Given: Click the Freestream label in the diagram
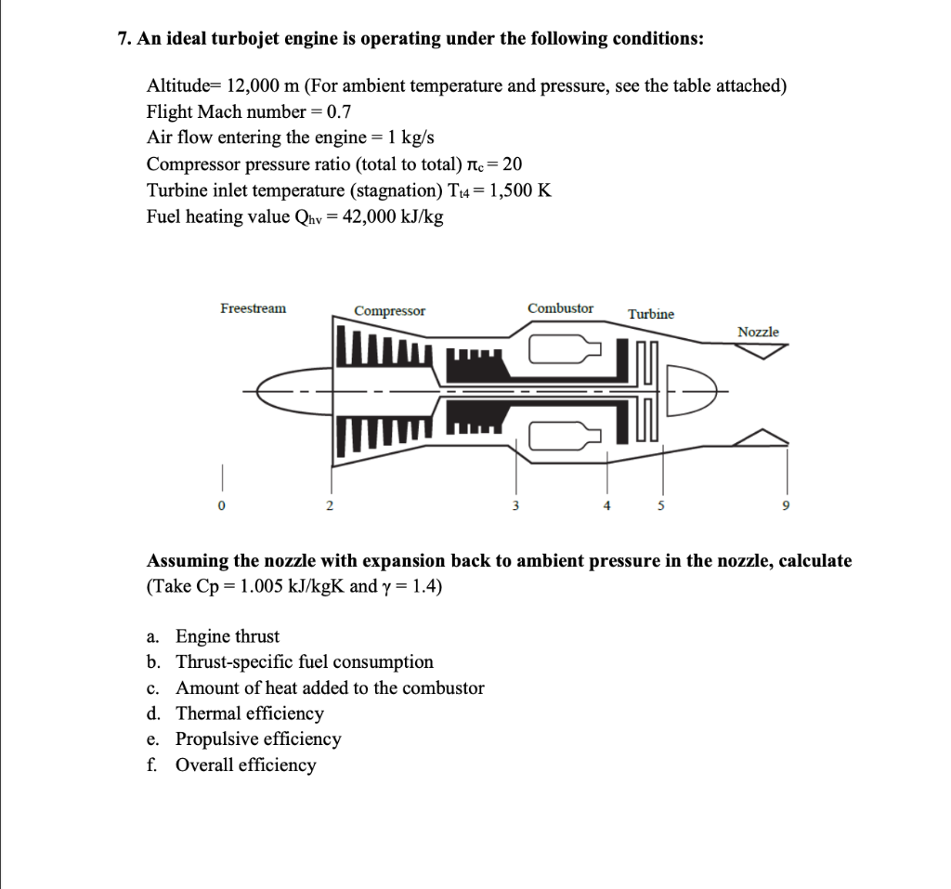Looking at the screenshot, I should click(253, 307).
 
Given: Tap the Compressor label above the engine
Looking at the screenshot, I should click(389, 310).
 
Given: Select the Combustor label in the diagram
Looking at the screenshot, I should click(560, 307).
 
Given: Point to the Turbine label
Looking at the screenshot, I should click(651, 314).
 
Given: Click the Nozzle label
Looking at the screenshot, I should click(758, 332).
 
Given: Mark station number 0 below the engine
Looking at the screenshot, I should click(221, 506).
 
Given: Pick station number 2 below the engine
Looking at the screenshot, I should click(327, 506).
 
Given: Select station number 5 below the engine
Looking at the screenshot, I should click(662, 506).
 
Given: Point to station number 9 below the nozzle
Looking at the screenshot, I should click(788, 506).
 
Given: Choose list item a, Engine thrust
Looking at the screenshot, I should click(227, 636).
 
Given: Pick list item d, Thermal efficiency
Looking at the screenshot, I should click(249, 713).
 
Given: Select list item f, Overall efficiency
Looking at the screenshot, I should click(245, 765).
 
